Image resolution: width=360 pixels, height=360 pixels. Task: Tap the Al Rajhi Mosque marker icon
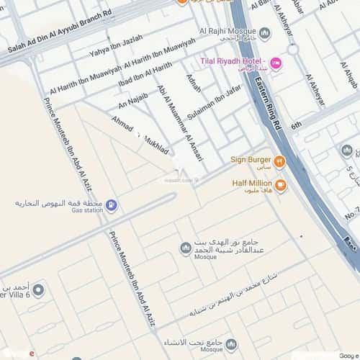(x=264, y=33)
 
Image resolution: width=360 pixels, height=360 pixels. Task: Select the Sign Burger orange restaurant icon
(x=280, y=161)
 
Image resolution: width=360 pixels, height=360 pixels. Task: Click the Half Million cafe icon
(x=280, y=185)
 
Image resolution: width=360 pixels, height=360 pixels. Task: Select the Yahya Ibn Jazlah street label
(x=116, y=45)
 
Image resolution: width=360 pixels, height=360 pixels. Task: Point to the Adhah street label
(x=194, y=88)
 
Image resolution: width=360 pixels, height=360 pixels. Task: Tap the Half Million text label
(x=251, y=184)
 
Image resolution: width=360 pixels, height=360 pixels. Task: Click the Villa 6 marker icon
(x=38, y=291)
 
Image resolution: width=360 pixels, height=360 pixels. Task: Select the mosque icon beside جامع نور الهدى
(x=185, y=248)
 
